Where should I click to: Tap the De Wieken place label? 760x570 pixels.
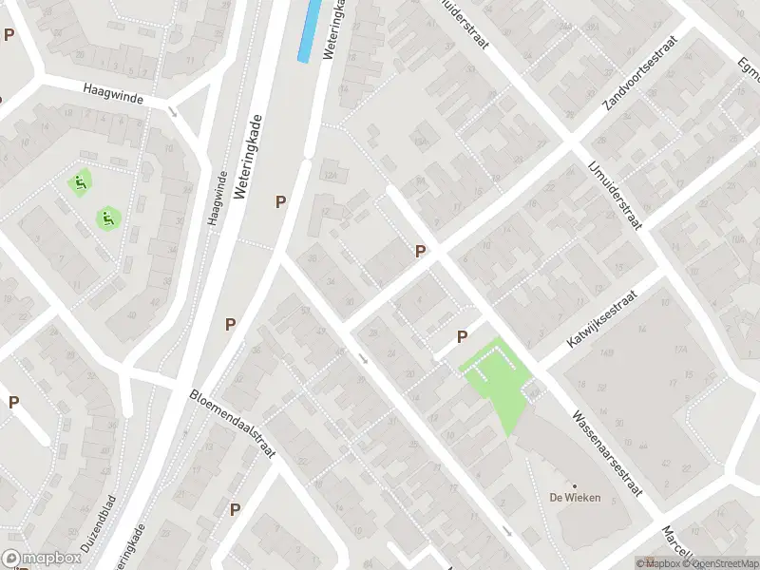click(574, 498)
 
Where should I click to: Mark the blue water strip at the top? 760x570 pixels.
click(308, 30)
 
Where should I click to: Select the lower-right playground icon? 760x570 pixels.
click(108, 218)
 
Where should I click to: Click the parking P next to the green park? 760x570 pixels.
click(462, 336)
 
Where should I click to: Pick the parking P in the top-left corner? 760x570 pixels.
click(9, 35)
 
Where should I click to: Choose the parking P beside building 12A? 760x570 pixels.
click(280, 201)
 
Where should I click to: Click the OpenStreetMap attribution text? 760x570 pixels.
click(721, 563)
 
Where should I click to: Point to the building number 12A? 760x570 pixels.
click(330, 175)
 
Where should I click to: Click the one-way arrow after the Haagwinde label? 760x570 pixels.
click(172, 111)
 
